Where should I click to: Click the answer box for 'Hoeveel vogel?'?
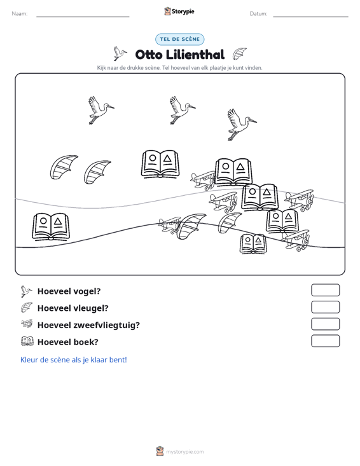[325, 290]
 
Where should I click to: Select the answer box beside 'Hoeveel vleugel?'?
[325, 307]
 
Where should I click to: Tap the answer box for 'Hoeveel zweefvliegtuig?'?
[325, 324]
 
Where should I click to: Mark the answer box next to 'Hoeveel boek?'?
[325, 341]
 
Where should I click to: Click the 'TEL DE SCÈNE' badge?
[180, 39]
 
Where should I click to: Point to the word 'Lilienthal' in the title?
[195, 55]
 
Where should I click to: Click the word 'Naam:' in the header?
[20, 14]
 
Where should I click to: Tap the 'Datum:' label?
[258, 14]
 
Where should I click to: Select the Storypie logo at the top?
[179, 11]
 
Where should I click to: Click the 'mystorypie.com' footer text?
[185, 452]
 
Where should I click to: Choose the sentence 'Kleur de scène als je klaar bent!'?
[73, 360]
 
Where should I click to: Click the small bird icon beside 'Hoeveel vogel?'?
[26, 291]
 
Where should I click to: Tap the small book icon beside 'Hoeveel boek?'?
[27, 341]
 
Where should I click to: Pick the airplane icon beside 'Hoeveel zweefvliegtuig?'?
[27, 324]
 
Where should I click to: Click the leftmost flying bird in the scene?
[100, 110]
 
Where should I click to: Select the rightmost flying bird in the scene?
[241, 124]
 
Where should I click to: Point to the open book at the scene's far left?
[51, 226]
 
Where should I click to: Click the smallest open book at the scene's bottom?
[253, 244]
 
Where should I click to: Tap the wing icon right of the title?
[239, 54]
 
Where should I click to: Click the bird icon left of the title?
[120, 53]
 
